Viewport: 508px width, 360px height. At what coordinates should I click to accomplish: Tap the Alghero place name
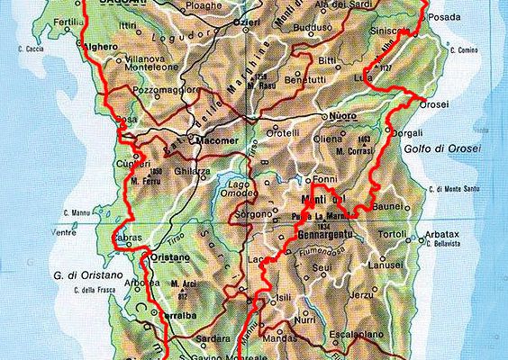[103, 48]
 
